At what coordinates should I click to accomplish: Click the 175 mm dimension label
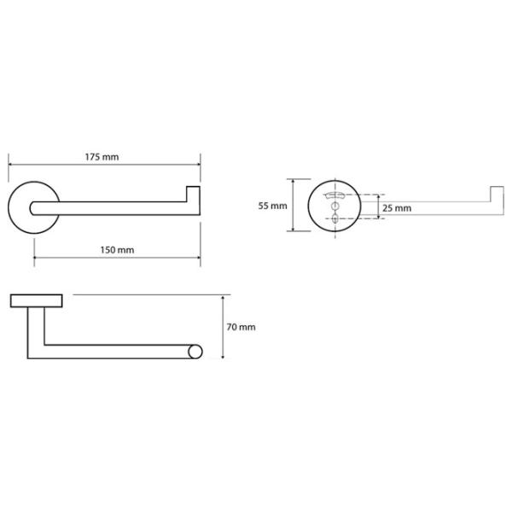point(102,157)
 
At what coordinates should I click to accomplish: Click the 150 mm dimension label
point(117,250)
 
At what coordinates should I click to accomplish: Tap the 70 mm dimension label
point(241,327)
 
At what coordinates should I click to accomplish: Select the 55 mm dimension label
point(273,206)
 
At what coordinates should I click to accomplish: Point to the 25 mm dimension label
point(397,208)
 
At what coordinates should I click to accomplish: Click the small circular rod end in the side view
point(195,352)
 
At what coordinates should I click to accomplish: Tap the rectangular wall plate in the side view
point(36,300)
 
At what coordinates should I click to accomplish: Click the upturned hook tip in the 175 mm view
point(193,194)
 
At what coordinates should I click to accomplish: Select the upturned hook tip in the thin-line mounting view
point(497,194)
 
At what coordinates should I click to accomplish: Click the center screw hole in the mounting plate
point(335,206)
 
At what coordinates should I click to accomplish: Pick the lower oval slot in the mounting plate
point(335,218)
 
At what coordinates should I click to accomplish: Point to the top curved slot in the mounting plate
point(335,195)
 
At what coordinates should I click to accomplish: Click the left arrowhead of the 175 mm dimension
point(10,164)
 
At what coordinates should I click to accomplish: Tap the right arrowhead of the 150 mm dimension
point(198,258)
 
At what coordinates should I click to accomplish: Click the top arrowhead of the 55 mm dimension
point(294,181)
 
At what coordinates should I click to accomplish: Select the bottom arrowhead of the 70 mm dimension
point(223,357)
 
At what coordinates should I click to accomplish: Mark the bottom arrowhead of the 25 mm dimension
point(378,216)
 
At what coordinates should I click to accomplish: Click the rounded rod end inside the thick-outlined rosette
point(32,208)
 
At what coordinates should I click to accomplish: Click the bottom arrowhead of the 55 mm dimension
point(294,229)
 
